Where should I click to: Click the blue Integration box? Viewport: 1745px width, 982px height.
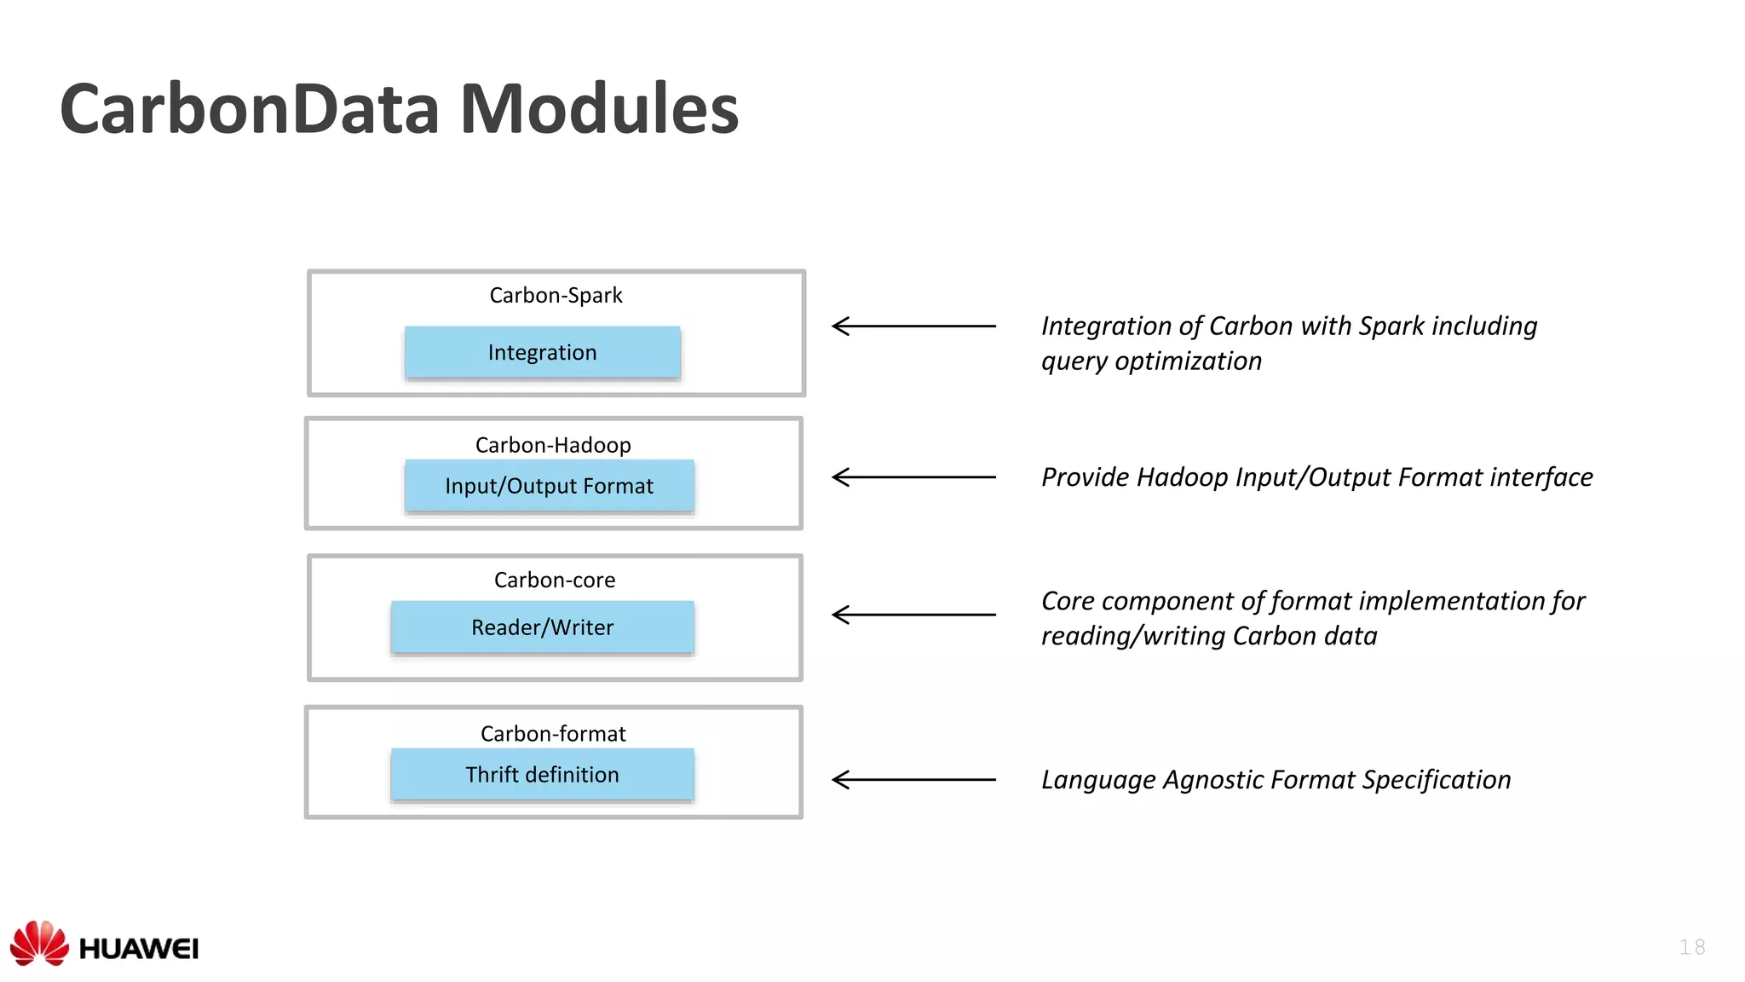pos(542,352)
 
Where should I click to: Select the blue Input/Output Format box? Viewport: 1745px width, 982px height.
pos(549,486)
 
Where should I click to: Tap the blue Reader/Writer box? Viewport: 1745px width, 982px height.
pos(542,627)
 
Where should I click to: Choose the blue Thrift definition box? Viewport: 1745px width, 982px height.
pos(542,775)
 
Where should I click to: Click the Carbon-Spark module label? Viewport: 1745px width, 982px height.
pos(556,296)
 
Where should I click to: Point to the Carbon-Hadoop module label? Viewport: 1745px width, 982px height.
pos(553,445)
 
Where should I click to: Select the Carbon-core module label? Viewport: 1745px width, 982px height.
pos(555,581)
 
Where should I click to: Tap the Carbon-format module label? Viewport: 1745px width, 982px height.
pos(553,734)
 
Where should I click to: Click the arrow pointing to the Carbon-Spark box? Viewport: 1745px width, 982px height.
pos(913,326)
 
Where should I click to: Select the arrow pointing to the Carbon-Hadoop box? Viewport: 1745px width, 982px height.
pos(913,477)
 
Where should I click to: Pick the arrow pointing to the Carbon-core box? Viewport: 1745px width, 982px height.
pos(913,615)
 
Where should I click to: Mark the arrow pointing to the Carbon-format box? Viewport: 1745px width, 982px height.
pos(913,779)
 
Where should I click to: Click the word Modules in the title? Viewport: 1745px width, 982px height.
pos(599,109)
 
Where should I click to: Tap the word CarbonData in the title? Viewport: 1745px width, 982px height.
pos(249,109)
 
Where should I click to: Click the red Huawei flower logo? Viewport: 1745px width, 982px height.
pos(39,943)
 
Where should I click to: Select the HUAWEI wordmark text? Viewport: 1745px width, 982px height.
pos(139,949)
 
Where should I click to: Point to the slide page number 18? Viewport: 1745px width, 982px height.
pos(1692,947)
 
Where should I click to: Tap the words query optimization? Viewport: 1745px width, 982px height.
pos(1151,361)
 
